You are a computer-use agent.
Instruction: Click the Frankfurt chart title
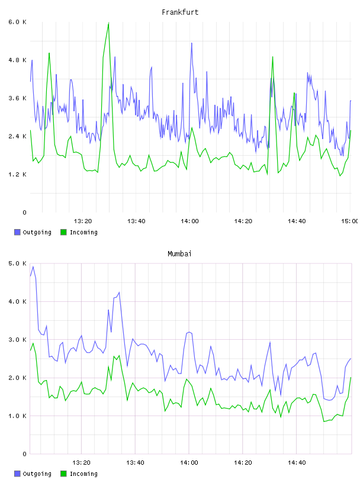click(x=180, y=12)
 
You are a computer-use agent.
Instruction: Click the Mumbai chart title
click(x=179, y=254)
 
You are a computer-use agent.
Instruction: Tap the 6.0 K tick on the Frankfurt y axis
click(x=18, y=22)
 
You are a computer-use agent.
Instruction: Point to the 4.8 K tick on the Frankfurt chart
click(x=18, y=60)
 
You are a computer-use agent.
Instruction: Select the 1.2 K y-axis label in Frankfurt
click(x=18, y=175)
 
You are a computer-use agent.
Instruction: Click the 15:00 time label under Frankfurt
click(x=349, y=221)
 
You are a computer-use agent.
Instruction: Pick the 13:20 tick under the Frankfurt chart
click(x=83, y=221)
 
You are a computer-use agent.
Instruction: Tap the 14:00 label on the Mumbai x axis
click(x=189, y=463)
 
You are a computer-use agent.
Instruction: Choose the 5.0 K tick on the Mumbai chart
click(x=18, y=263)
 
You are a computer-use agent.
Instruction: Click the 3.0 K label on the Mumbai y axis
click(x=18, y=340)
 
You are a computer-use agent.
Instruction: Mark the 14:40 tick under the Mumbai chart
click(x=297, y=463)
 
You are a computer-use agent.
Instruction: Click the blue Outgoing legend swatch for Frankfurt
click(x=17, y=232)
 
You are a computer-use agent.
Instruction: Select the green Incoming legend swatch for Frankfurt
click(x=63, y=232)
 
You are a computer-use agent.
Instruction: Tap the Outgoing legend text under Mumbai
click(x=37, y=474)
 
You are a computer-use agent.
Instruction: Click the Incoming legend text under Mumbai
click(x=83, y=474)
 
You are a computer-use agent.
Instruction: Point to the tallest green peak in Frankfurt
click(x=108, y=23)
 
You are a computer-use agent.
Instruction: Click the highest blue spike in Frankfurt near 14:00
click(x=191, y=43)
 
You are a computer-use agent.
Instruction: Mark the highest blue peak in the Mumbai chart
click(x=33, y=267)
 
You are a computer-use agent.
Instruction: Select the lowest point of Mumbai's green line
click(x=324, y=421)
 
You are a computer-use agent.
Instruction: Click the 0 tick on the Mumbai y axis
click(x=24, y=454)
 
